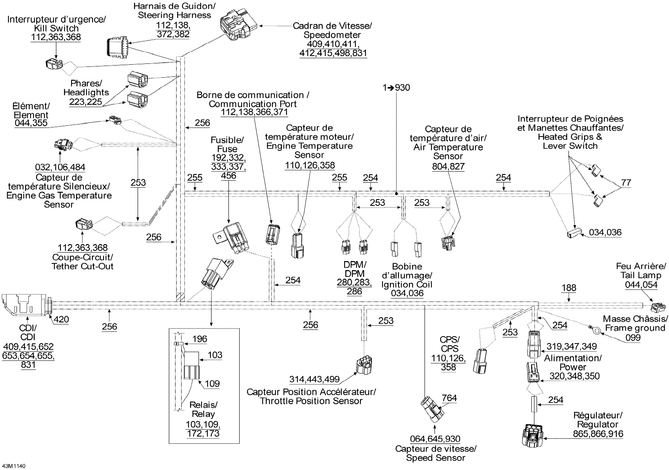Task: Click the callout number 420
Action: pyautogui.click(x=61, y=319)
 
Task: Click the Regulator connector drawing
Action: pyautogui.click(x=533, y=436)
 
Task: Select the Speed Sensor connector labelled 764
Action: pyautogui.click(x=432, y=409)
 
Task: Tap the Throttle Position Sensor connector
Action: pyautogui.click(x=364, y=365)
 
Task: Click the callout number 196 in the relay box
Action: pyautogui.click(x=199, y=339)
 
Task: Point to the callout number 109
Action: pyautogui.click(x=212, y=383)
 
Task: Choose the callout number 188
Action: pyautogui.click(x=569, y=288)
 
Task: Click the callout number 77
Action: pyautogui.click(x=626, y=182)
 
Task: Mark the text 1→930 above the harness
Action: pyautogui.click(x=396, y=88)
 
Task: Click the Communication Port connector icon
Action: pyautogui.click(x=273, y=234)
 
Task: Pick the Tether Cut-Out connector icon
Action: pyautogui.click(x=84, y=224)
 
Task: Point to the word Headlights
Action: pyautogui.click(x=86, y=92)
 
